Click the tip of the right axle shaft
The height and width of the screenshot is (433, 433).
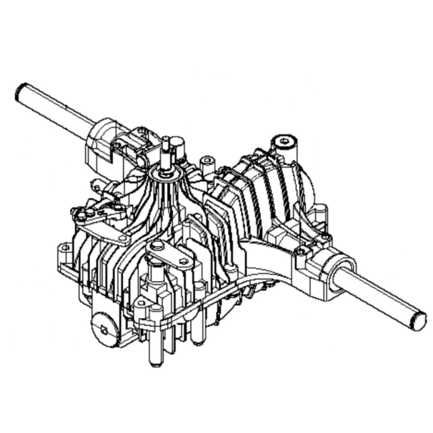(419, 320)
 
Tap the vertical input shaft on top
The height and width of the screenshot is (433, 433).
(166, 150)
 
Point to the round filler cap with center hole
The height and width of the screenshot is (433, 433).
(286, 143)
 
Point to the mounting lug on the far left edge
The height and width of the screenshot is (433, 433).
(65, 255)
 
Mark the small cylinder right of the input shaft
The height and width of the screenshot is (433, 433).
(179, 145)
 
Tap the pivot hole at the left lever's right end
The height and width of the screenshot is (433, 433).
(123, 238)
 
